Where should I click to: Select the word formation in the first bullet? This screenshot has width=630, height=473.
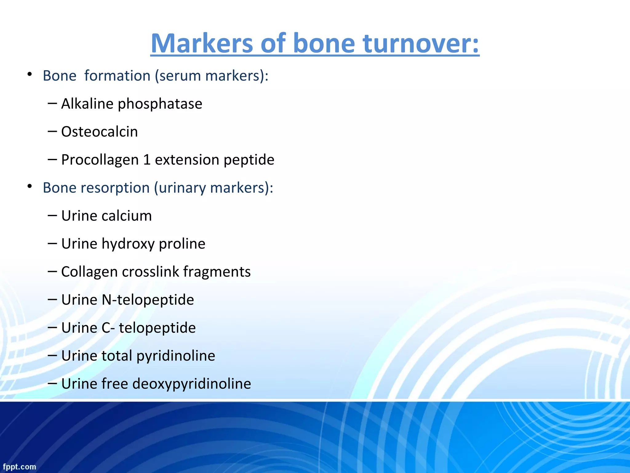coord(117,76)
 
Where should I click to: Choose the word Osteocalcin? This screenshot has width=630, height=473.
coord(99,132)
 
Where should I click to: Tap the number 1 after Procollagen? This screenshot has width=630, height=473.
coord(147,160)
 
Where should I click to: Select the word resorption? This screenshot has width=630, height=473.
coord(115,188)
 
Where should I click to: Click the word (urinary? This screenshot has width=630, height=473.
coord(180,188)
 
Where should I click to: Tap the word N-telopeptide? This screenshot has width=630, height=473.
coord(148,300)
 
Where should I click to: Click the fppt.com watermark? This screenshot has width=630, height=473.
coord(19,467)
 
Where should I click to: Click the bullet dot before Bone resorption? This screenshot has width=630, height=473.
coord(30,186)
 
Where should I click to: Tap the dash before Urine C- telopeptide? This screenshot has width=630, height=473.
coord(52,327)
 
